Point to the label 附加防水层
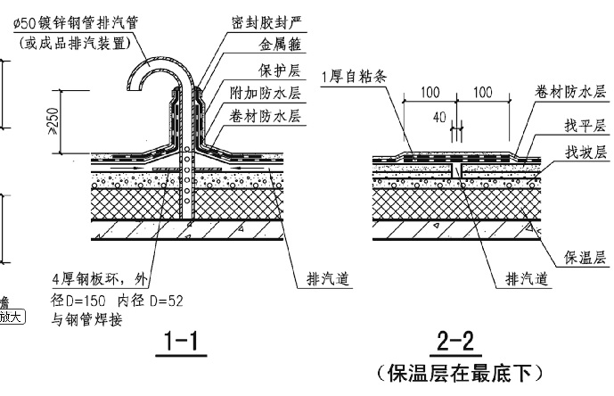(x=258, y=93)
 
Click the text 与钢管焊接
(x=83, y=318)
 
